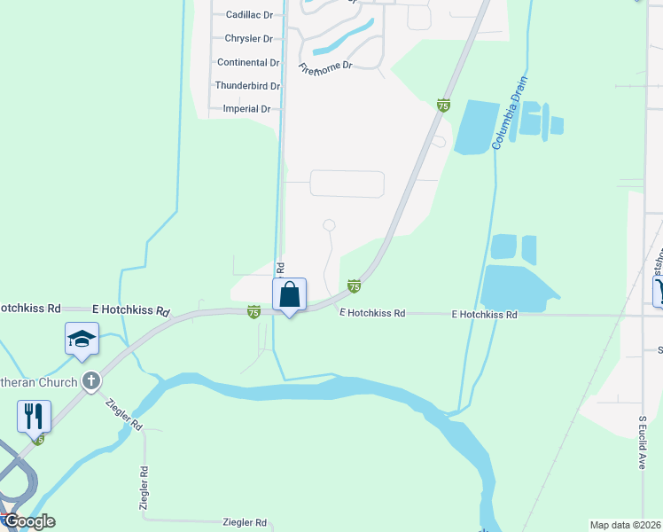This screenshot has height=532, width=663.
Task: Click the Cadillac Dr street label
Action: [x=249, y=15]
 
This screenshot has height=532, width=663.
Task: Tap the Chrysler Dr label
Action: [x=249, y=39]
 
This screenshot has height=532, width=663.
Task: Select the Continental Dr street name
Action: [x=248, y=63]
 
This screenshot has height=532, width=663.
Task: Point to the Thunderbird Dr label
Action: [x=247, y=86]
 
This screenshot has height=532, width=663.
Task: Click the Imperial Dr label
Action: [x=247, y=109]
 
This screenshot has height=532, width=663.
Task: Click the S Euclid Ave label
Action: [x=643, y=442]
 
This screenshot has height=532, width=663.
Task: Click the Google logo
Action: [x=28, y=521]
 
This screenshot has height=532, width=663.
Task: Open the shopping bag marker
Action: [x=290, y=295]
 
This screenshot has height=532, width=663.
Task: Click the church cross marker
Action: [x=90, y=381]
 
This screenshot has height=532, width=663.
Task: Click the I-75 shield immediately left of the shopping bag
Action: [x=253, y=311]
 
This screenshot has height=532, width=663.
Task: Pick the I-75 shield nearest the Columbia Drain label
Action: [x=443, y=106]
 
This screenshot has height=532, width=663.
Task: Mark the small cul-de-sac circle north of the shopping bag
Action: [x=330, y=225]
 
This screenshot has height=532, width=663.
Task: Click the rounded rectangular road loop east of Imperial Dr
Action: [x=347, y=184]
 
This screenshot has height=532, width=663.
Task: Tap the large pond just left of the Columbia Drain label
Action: [x=477, y=126]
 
